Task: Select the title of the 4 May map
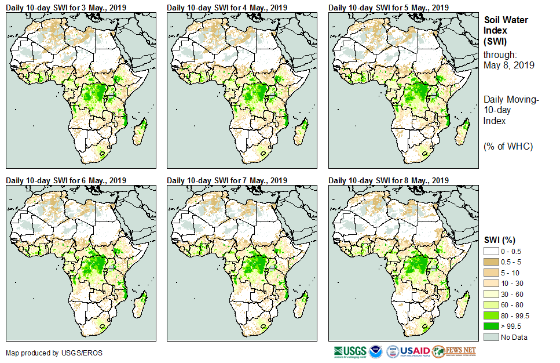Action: (x=227, y=7)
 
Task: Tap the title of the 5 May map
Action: (x=389, y=7)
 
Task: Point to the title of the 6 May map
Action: (x=66, y=180)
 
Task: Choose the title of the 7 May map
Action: (x=227, y=180)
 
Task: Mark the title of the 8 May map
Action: (x=389, y=180)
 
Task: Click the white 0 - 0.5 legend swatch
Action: (x=491, y=251)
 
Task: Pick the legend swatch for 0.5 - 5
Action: (x=491, y=262)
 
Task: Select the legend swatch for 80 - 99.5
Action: (x=491, y=315)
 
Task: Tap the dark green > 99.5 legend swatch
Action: (x=491, y=326)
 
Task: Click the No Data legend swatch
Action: (x=491, y=337)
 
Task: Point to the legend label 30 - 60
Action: (x=513, y=294)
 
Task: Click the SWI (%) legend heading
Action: (x=500, y=240)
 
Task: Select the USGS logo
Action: (x=350, y=351)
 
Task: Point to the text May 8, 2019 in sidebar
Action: (x=507, y=65)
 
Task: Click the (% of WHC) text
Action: (x=508, y=146)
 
